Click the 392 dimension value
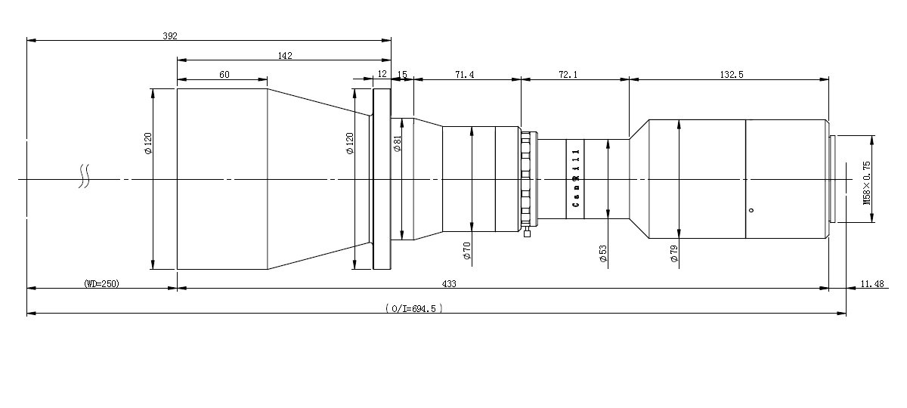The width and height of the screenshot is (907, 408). (170, 36)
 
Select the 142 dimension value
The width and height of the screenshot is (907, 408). (285, 56)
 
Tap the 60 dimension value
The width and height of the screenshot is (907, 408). (224, 75)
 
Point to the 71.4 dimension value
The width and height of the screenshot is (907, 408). (464, 75)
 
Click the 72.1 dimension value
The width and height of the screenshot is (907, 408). (568, 75)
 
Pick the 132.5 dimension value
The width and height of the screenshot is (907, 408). (732, 75)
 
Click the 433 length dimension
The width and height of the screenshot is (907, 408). (449, 284)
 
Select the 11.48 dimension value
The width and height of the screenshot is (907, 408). (872, 284)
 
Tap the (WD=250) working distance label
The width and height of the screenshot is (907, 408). (101, 284)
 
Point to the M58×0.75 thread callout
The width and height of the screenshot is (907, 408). (867, 183)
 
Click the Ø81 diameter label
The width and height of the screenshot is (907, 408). (398, 144)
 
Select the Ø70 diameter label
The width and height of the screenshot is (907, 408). (467, 251)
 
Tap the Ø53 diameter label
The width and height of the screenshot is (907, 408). (603, 253)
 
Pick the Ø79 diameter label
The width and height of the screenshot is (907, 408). (674, 253)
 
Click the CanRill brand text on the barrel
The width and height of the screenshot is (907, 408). (576, 178)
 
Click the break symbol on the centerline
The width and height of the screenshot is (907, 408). (84, 177)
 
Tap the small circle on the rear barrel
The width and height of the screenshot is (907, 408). (751, 210)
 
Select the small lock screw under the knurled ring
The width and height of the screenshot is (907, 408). (527, 233)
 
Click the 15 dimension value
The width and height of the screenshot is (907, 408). (402, 75)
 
